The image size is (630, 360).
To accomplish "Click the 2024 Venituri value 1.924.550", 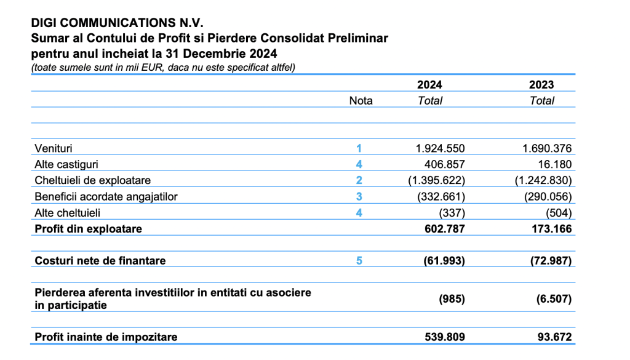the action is coord(440,148).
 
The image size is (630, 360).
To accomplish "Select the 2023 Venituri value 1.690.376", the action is coord(547,148).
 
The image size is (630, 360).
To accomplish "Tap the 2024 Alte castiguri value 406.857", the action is coord(444,164).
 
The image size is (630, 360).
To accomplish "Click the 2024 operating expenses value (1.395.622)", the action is coord(437,180).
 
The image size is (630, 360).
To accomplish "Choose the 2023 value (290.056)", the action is coord(548,196).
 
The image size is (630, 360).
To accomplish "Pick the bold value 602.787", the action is coord(445,229).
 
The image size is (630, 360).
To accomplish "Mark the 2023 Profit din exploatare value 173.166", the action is coord(552,229).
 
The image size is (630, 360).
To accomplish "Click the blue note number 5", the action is coord(359,261).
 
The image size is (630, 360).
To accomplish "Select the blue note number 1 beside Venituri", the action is coord(359,148).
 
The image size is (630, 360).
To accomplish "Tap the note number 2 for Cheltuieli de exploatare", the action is coord(359,180).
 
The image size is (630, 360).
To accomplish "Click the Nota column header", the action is coord(361,100).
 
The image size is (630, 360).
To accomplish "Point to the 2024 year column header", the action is coord(429,85).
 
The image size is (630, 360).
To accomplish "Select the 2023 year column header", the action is coord(541,85).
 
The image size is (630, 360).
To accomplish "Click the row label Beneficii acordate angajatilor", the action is coord(106,196).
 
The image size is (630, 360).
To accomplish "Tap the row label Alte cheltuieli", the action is coord(68,212).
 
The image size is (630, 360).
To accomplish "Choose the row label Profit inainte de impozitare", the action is coord(106,337).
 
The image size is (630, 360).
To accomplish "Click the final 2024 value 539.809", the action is coord(445,337).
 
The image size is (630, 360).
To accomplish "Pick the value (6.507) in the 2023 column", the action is coord(554,299).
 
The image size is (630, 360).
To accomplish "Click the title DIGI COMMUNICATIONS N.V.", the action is coord(117,23).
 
